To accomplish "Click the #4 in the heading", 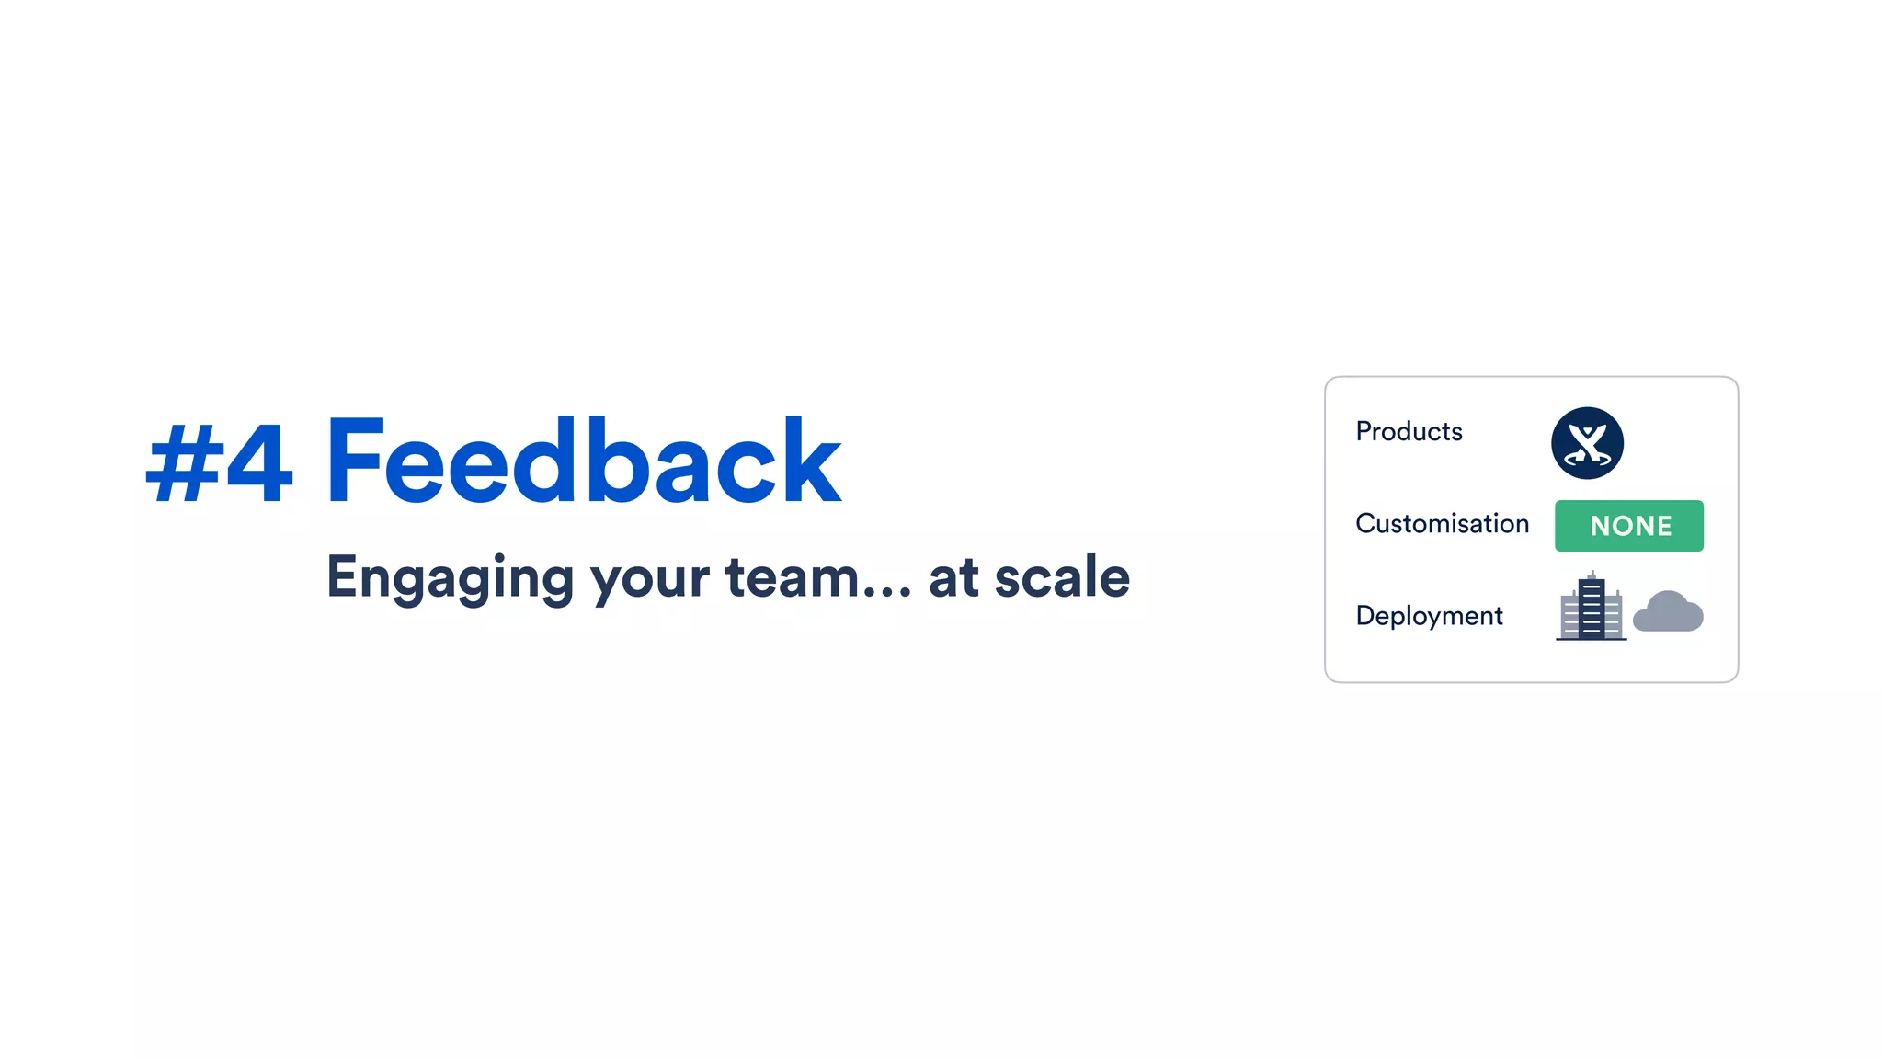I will click(220, 463).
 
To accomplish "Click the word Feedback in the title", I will click(583, 461).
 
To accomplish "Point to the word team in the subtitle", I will click(792, 578).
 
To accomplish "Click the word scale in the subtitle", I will click(1062, 577).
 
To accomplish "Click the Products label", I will click(1409, 431).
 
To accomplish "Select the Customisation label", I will click(1442, 524).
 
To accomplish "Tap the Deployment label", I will click(1429, 615).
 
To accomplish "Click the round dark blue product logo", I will click(1587, 443).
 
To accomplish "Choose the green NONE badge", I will click(1628, 526).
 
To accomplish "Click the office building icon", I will click(1591, 609).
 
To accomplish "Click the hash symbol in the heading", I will click(184, 463).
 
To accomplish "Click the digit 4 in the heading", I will click(259, 463).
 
